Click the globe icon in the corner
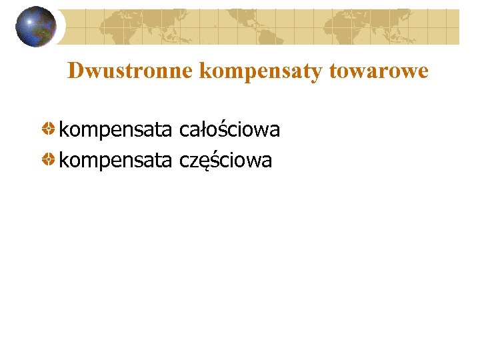click(35, 26)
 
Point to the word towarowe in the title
click(379, 71)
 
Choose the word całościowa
click(229, 129)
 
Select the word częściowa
click(226, 161)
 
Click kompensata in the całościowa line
click(115, 130)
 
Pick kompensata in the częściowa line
click(115, 161)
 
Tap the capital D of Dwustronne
click(75, 71)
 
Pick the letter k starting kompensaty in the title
click(204, 71)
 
